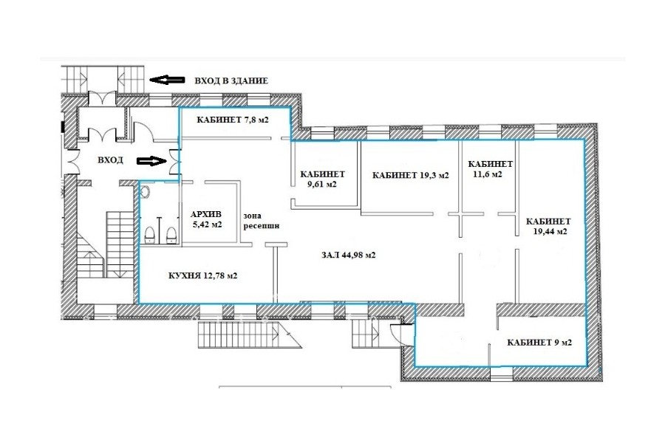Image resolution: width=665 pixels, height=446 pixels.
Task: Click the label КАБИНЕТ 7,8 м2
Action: point(233,120)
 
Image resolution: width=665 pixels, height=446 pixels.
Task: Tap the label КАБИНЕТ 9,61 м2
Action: point(322,179)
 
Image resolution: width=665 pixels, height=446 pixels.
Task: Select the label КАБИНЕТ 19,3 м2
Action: point(410,175)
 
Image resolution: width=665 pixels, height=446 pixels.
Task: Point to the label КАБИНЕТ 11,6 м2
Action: point(490,169)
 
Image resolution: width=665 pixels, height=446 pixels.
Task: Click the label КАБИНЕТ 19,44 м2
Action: point(548,227)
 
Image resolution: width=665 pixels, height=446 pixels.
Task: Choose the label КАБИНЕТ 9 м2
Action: point(539,342)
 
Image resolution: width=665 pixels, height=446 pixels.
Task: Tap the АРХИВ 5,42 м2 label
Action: point(207,219)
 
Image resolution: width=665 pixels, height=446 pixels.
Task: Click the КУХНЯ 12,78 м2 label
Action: point(202,275)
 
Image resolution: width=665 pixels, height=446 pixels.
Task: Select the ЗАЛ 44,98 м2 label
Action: point(348,255)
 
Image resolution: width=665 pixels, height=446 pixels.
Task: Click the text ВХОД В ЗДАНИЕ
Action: point(231,80)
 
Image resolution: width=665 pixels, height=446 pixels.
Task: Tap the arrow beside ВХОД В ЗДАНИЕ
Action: point(167,79)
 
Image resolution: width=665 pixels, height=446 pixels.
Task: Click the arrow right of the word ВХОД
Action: point(151,161)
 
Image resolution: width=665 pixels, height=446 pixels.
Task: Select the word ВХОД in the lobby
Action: point(110,159)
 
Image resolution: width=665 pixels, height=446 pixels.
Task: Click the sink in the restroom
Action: point(145,193)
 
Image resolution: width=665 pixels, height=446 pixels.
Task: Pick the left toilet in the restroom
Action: point(150,236)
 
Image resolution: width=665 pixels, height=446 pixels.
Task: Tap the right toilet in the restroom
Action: point(171,236)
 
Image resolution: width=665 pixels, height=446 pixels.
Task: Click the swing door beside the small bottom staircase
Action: point(399,334)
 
